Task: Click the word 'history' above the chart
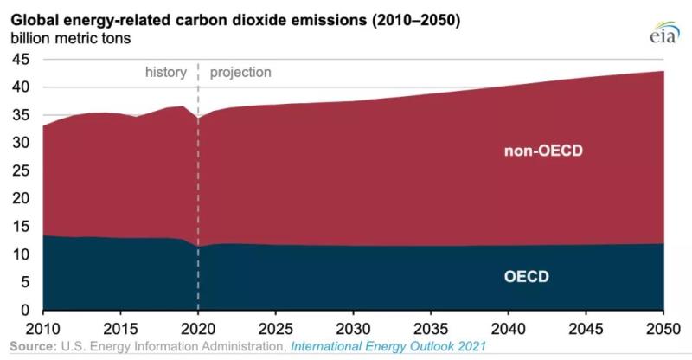click(165, 73)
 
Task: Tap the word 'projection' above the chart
click(240, 73)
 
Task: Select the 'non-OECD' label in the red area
click(544, 151)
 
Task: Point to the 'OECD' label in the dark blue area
click(527, 277)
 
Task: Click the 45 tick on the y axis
click(21, 59)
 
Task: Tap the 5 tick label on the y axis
click(25, 282)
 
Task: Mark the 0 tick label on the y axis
click(25, 310)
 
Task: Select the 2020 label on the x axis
click(199, 329)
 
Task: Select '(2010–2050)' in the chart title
click(414, 17)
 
